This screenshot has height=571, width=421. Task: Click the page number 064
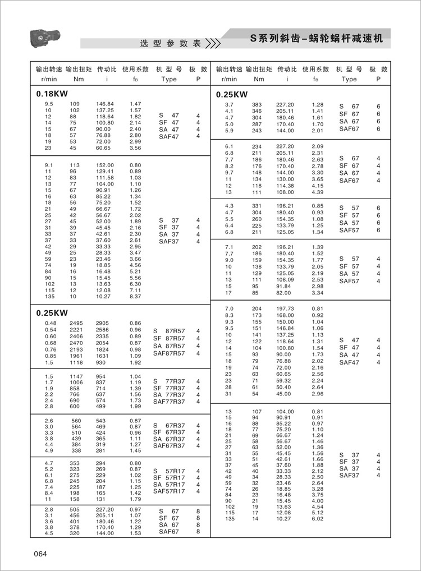(39, 555)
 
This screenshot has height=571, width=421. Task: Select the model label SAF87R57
(168, 353)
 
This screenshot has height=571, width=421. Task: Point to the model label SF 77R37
(168, 388)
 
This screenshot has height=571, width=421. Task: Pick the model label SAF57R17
(168, 491)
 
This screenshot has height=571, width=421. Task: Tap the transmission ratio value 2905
(102, 324)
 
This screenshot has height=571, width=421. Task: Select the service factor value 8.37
(135, 296)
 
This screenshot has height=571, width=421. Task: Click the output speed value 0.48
(50, 324)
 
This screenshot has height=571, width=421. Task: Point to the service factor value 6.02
(317, 519)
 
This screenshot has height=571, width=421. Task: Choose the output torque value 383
(257, 105)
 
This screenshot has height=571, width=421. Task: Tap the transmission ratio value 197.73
(285, 309)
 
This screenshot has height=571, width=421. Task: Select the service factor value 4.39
(317, 192)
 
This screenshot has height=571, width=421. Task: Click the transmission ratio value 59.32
(285, 380)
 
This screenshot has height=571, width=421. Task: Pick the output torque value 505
(75, 509)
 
